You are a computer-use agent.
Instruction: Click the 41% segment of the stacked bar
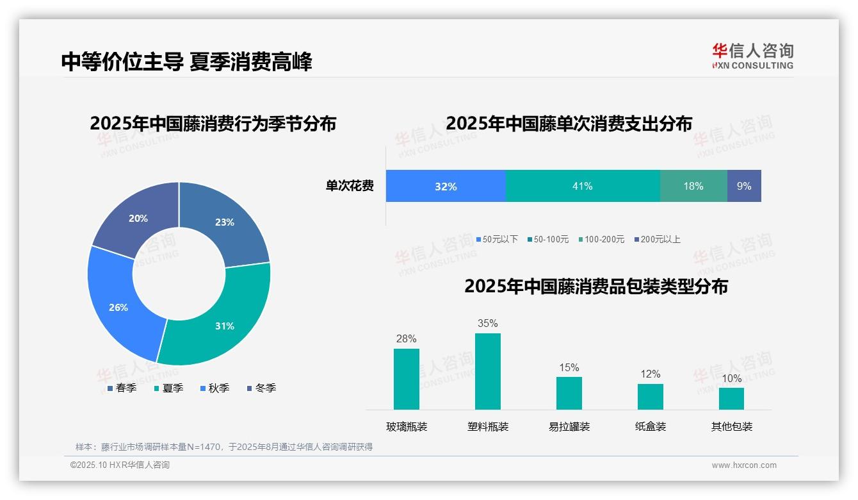click(x=583, y=186)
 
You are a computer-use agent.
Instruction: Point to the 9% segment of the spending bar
click(x=744, y=186)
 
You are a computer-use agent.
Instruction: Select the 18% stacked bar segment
click(x=693, y=186)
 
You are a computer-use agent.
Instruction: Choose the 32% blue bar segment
click(x=446, y=186)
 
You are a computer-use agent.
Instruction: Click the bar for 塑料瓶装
click(x=488, y=371)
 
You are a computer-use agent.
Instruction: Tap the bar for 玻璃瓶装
click(x=407, y=379)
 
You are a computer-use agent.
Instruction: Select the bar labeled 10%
click(x=731, y=398)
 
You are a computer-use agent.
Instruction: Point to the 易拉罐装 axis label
click(x=569, y=426)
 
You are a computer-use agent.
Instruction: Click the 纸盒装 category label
click(x=651, y=426)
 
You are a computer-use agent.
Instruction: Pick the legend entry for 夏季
click(x=169, y=388)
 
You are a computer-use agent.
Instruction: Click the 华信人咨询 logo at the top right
click(x=752, y=56)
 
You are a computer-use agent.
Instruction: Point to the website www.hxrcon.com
click(x=744, y=465)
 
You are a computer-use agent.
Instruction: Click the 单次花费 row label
click(x=350, y=187)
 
